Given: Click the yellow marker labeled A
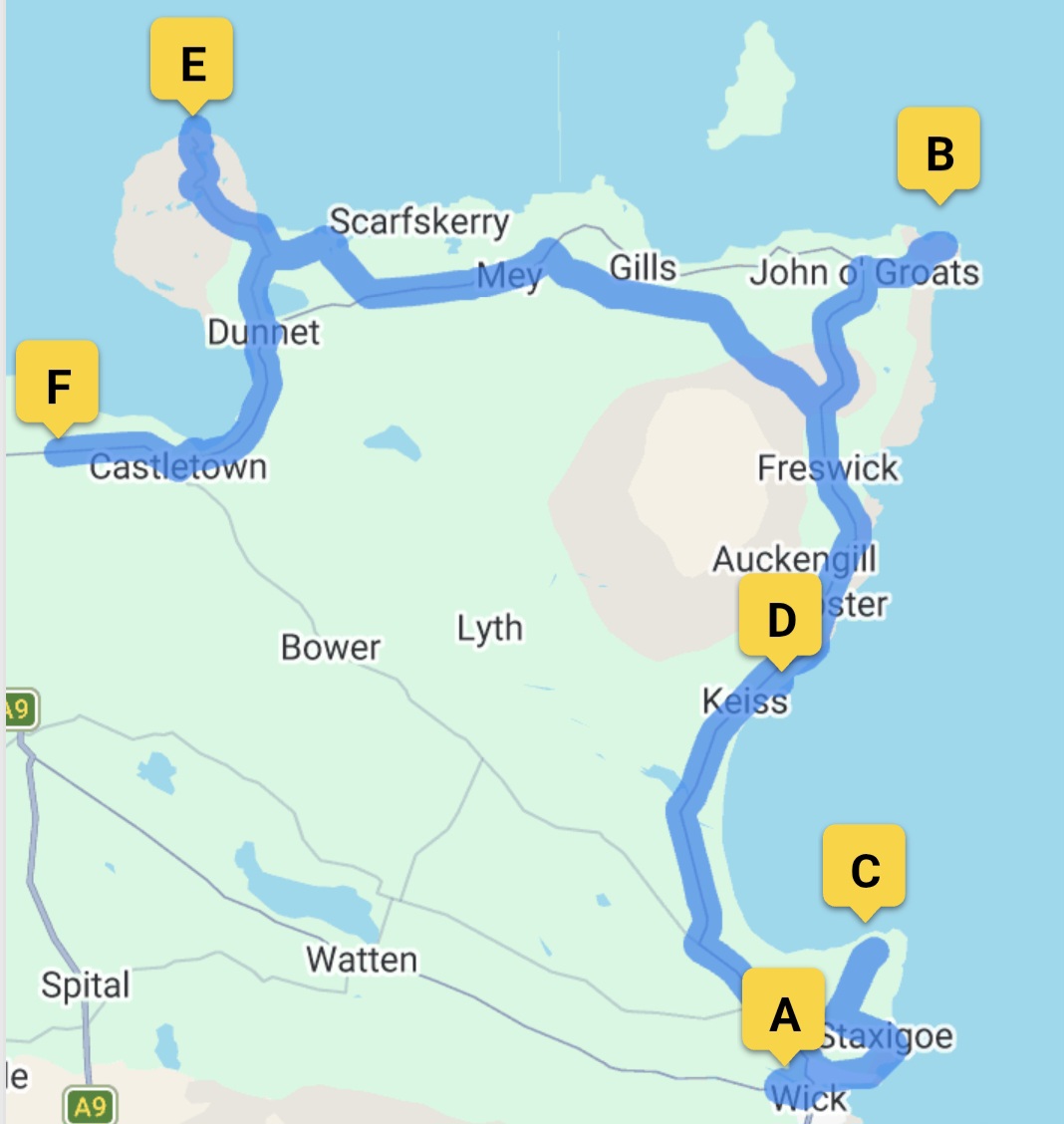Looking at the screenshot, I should tap(784, 1014).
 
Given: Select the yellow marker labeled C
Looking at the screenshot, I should tap(864, 870).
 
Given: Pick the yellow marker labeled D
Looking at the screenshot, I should tap(781, 620).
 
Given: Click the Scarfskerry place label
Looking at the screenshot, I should tap(419, 221).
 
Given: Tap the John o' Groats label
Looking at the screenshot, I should tap(864, 272).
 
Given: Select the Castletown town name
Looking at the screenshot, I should tap(178, 466).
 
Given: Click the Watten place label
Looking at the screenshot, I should tap(362, 960).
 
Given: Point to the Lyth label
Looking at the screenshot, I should tap(489, 629).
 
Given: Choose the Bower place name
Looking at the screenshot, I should tap(330, 648).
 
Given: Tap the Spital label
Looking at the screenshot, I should tap(86, 984).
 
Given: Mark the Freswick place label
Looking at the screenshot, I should tap(827, 467).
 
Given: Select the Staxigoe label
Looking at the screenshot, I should tap(887, 1036).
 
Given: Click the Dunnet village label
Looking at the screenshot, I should tap(263, 332).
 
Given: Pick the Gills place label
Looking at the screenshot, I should tap(643, 267).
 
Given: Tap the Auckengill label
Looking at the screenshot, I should tap(794, 559).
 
